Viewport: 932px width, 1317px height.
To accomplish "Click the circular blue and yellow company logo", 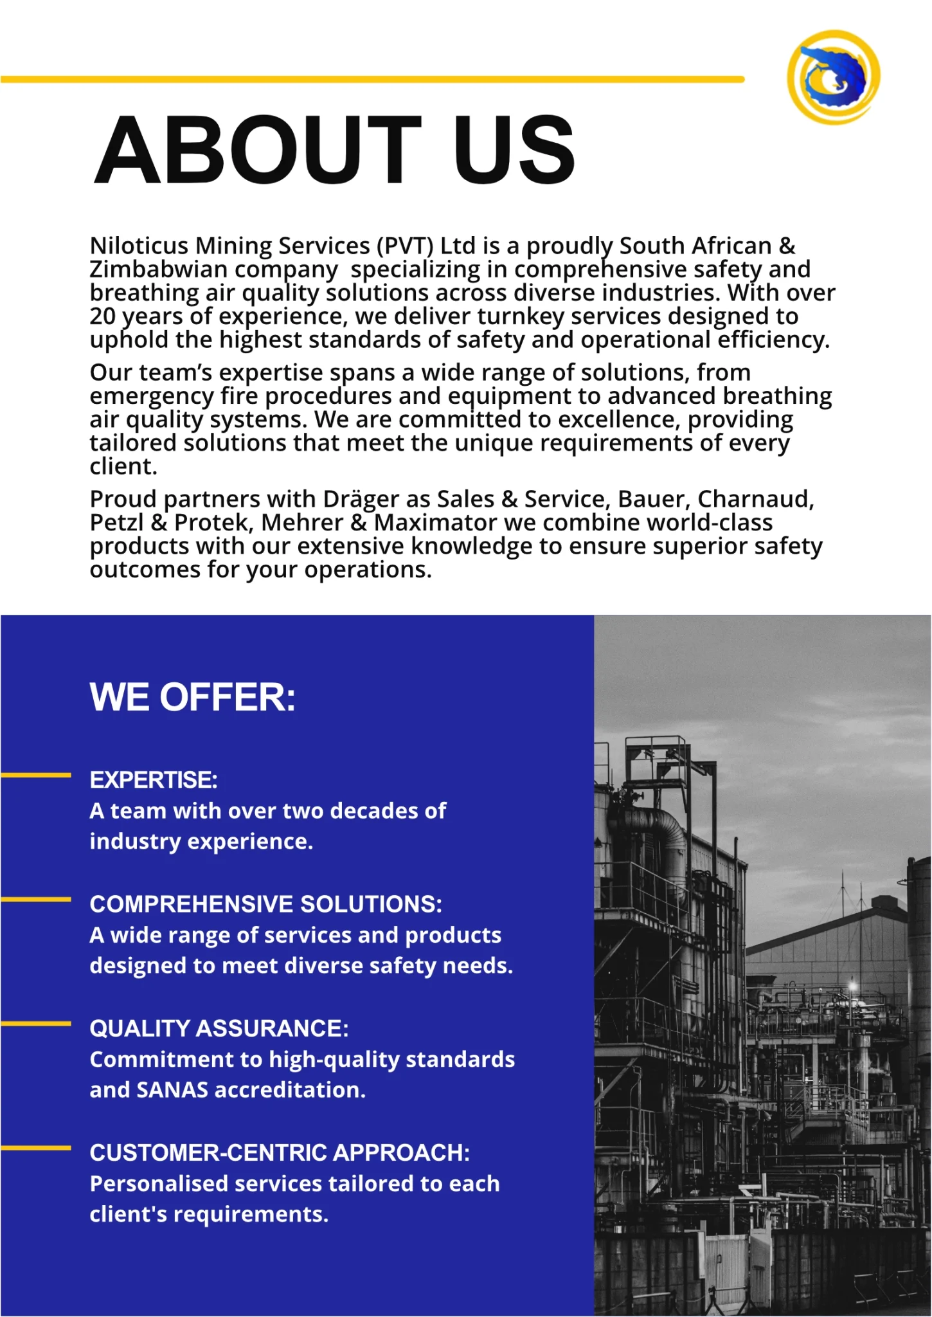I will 834,77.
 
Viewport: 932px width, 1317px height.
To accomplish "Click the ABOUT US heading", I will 334,150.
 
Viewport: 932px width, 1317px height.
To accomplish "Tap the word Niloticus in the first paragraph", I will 139,246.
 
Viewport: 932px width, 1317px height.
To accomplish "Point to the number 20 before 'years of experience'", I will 102,316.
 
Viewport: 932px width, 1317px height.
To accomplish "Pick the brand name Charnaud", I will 755,499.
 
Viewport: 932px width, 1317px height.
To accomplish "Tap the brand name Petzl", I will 116,523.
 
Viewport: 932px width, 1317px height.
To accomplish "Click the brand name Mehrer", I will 302,523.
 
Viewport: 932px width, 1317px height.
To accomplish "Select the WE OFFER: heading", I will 193,697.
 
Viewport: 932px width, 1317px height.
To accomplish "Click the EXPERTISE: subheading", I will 154,780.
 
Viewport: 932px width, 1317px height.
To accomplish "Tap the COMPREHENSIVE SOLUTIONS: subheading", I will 265,904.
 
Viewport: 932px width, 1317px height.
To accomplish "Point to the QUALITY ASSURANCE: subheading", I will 219,1028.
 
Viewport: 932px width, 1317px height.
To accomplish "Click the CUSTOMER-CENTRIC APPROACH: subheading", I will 280,1152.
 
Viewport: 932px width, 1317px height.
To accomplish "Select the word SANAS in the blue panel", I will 172,1090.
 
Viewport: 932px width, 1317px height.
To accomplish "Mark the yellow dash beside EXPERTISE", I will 36,776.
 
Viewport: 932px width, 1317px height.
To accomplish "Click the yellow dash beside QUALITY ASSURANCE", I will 36,1023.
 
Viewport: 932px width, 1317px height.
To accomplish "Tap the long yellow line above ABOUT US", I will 373,79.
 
